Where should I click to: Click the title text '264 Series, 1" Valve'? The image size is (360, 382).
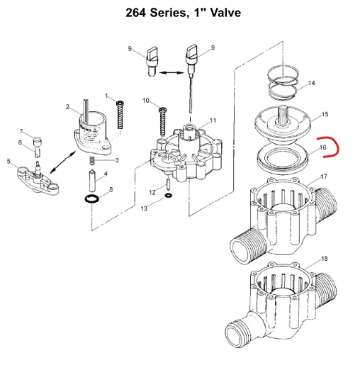(183, 13)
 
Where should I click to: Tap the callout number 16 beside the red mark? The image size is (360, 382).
(323, 147)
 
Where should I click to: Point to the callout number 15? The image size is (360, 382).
(325, 114)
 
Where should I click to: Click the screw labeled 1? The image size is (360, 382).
(120, 115)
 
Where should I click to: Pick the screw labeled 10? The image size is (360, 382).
(162, 121)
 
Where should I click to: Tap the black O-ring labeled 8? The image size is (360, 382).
(92, 199)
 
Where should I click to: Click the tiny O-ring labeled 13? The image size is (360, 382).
(169, 195)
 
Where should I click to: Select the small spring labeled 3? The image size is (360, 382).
(92, 161)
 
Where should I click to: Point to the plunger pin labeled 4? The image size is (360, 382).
(93, 181)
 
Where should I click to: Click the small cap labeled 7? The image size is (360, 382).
(38, 141)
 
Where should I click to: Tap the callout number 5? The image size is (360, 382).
(9, 162)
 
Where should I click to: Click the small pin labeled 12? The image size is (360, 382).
(168, 184)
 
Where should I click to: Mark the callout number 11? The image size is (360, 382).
(213, 120)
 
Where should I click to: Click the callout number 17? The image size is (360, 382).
(324, 176)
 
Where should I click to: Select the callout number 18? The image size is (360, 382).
(325, 259)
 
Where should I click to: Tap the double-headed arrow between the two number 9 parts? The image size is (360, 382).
(171, 72)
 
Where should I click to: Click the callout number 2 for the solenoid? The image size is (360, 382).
(67, 107)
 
